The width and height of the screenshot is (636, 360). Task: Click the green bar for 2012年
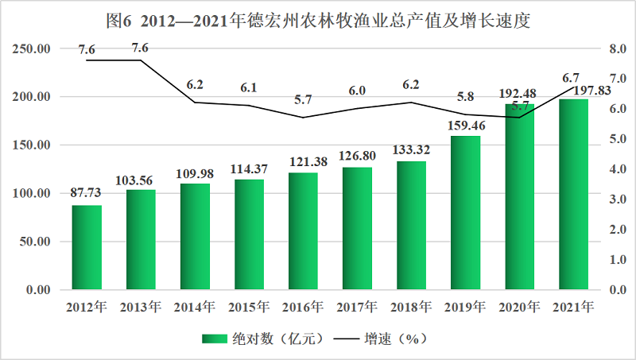point(87,247)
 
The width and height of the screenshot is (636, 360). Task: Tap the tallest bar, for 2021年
point(573,194)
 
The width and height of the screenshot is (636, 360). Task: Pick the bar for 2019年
point(465,212)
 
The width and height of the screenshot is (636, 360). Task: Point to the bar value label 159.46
point(465,126)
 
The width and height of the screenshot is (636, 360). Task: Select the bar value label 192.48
point(519,95)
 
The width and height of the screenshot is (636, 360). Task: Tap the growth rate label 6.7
point(570,78)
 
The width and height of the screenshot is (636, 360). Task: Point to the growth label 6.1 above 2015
point(249,88)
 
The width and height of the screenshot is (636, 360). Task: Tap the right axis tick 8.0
point(618,48)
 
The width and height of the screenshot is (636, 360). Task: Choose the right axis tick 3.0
point(618,199)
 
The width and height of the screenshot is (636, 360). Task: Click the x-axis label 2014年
point(195,306)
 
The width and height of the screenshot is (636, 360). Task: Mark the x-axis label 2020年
point(519,306)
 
